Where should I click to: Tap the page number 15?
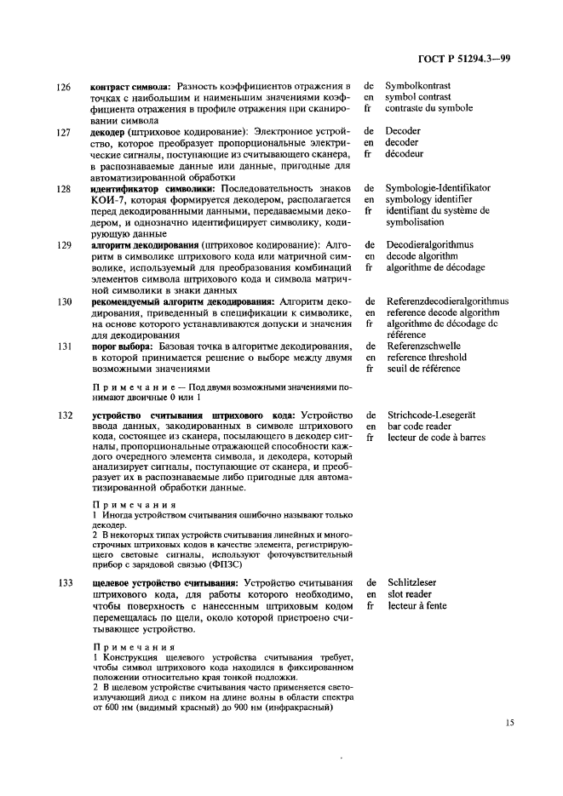pos(509,723)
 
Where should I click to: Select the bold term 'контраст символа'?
pos(129,87)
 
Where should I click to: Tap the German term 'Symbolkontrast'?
pos(418,86)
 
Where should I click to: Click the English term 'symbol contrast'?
pos(419,97)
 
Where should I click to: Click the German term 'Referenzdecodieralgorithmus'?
pos(447,301)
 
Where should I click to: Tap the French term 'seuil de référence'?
pos(423,369)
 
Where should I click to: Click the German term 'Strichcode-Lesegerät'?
pos(430,415)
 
